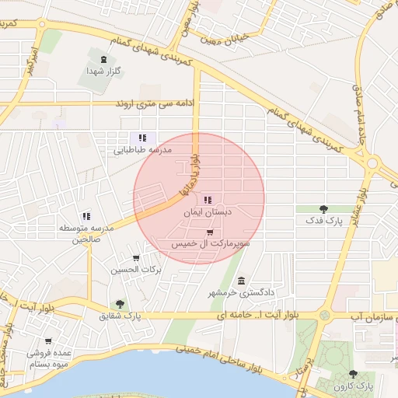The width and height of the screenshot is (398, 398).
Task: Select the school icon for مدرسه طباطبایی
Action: (142, 138)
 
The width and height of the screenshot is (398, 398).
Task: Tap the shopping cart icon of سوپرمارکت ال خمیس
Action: (210, 232)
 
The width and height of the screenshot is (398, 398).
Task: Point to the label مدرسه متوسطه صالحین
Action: (86, 233)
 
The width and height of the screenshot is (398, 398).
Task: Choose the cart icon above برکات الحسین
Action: (137, 258)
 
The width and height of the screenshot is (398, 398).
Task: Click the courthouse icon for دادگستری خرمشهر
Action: (241, 280)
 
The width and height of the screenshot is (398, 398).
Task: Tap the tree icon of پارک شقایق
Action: (119, 304)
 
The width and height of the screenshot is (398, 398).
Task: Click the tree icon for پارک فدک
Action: (323, 208)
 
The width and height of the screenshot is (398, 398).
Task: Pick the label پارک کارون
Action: (354, 386)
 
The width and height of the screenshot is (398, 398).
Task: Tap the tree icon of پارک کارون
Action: (354, 374)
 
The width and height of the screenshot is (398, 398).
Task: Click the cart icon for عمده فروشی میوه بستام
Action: (48, 340)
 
